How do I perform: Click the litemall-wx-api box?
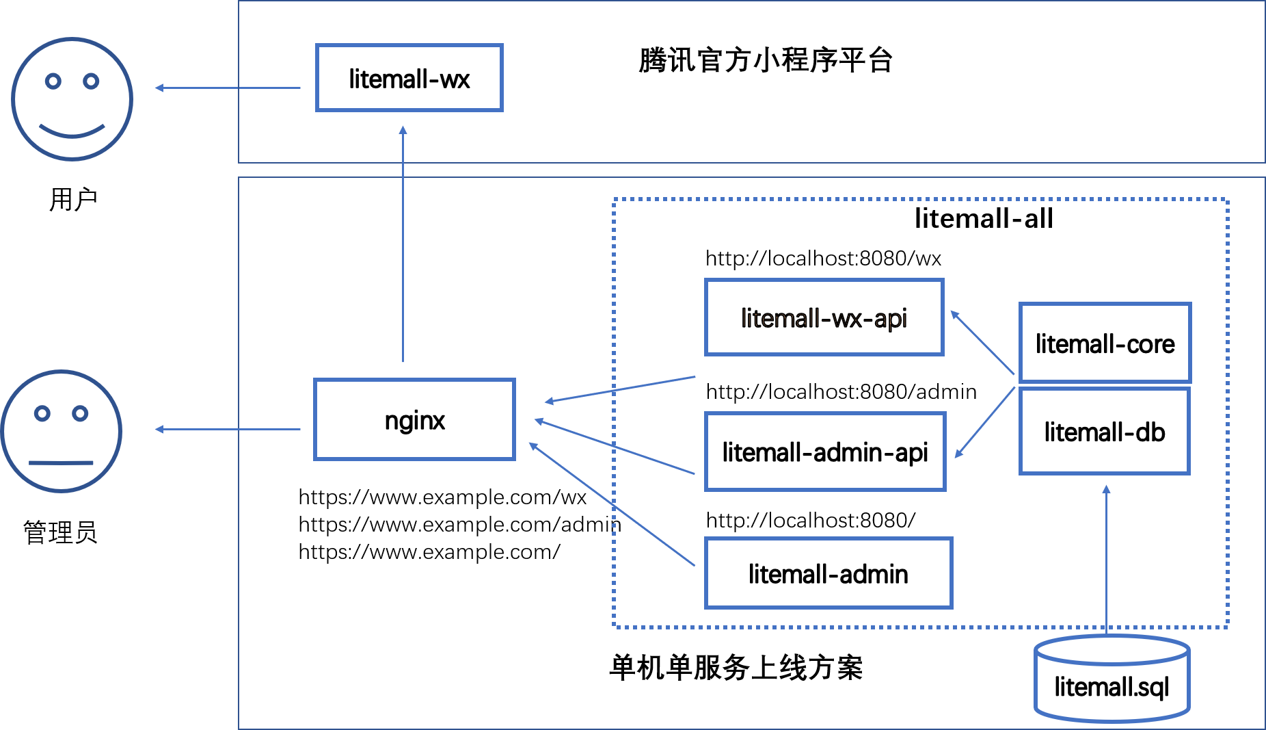coord(824,317)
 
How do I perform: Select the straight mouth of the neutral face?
coord(61,463)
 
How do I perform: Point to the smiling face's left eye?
coord(53,81)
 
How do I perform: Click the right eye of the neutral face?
coord(81,414)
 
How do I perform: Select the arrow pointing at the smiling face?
coord(228,88)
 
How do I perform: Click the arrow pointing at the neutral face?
coord(228,429)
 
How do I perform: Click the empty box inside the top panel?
coord(409,77)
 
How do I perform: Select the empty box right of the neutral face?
coord(414,419)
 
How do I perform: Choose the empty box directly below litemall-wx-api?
coord(825,452)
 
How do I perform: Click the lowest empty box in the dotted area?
coord(829,573)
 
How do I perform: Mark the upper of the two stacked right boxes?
coord(1105,342)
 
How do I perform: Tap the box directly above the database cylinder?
coord(1105,431)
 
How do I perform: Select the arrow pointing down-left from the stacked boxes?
coord(984,422)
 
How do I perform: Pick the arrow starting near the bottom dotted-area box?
coord(611,504)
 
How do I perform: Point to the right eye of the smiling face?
coord(91,81)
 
